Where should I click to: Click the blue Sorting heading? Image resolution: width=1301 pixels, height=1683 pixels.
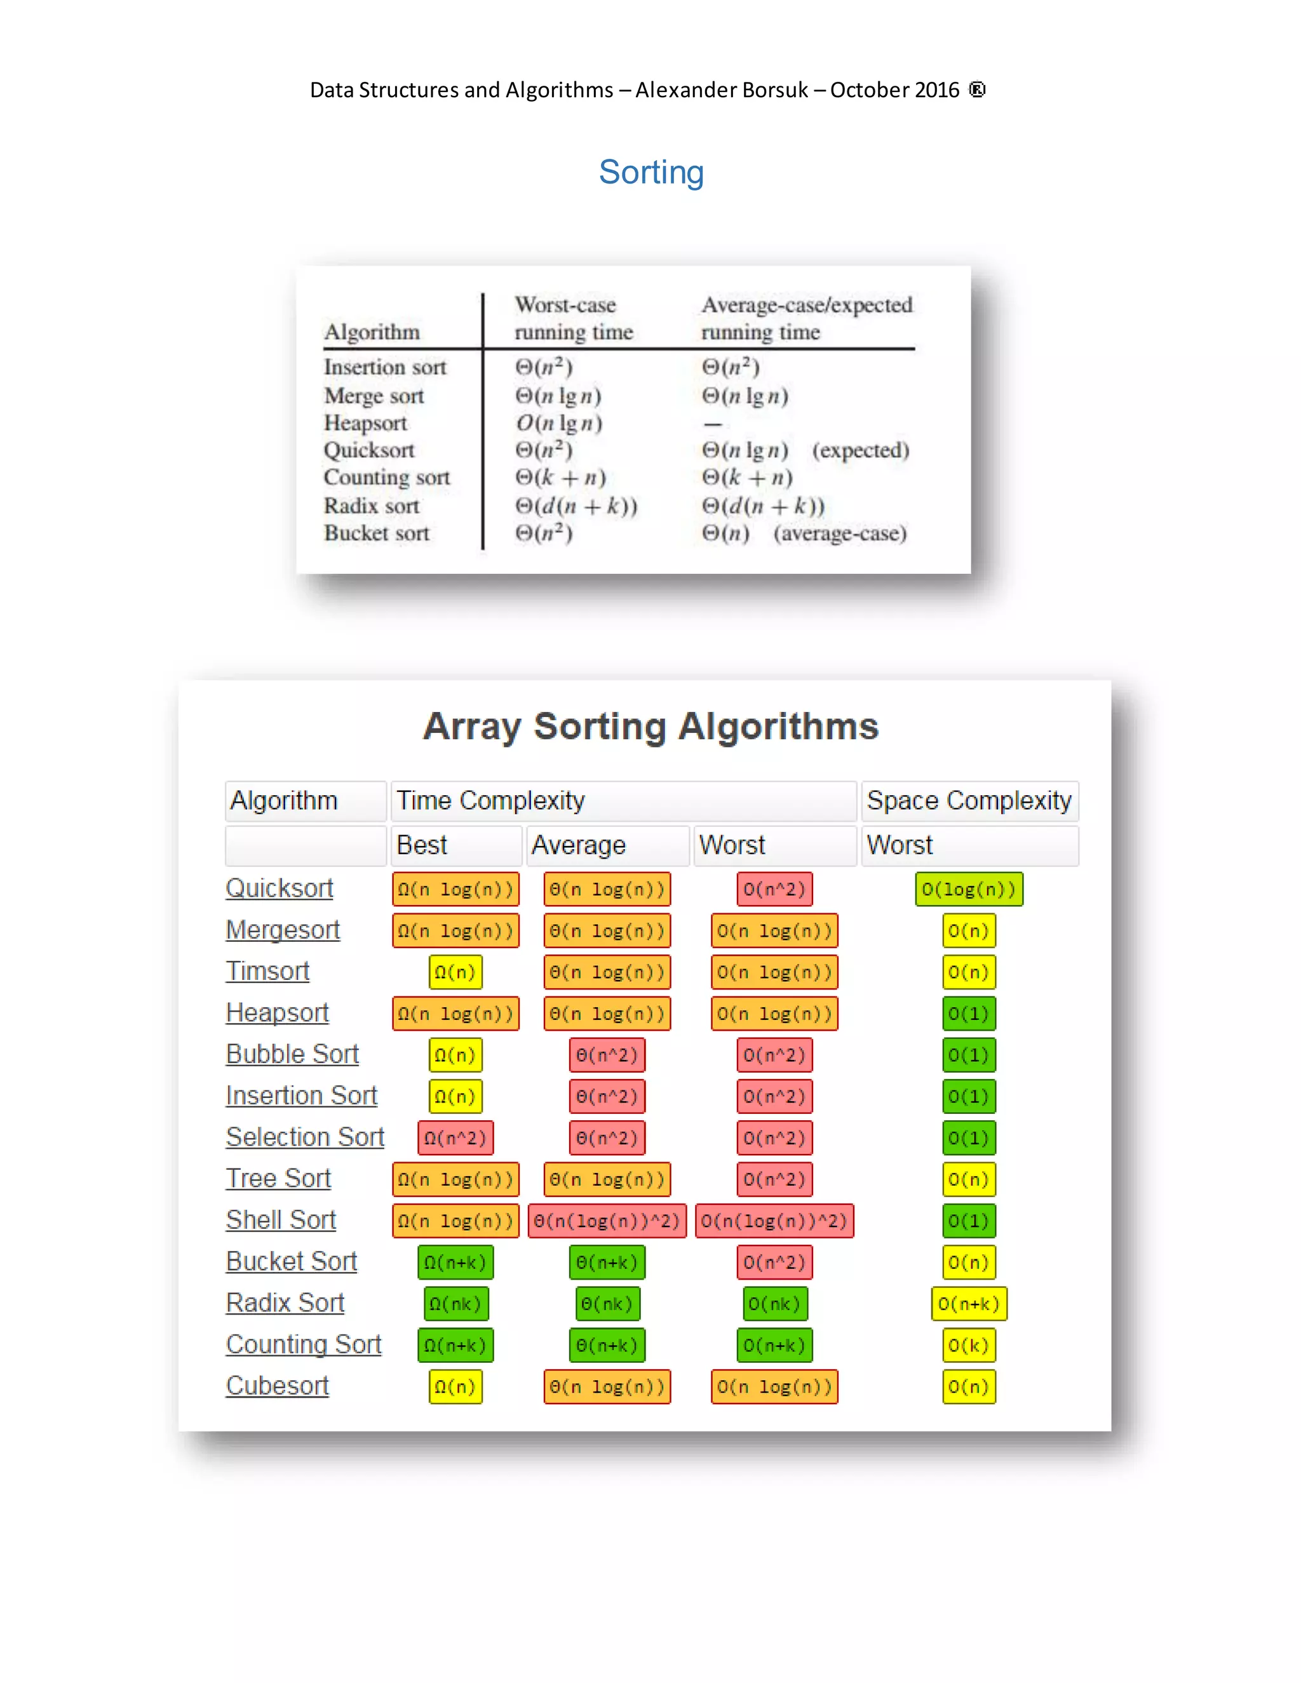coord(651,172)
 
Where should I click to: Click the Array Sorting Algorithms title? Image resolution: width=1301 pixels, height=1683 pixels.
coord(650,727)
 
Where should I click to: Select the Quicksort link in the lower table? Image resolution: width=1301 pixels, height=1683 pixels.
coord(279,888)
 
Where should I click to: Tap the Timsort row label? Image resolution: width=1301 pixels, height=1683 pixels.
coord(267,972)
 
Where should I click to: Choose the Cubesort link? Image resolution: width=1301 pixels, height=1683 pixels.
coord(278,1386)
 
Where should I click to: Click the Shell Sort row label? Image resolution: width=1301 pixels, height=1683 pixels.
coord(281,1221)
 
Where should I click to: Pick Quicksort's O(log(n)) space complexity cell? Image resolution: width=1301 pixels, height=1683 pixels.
coord(969,889)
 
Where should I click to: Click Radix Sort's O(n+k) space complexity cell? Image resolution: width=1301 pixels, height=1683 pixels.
coord(969,1304)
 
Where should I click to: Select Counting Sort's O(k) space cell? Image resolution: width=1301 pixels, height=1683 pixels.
coord(969,1346)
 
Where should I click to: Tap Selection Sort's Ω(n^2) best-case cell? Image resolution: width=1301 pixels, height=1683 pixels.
coord(455,1138)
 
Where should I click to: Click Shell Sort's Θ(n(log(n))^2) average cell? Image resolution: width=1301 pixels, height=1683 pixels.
coord(607,1221)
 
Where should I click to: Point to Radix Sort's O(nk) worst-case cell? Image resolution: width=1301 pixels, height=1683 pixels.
coord(774,1304)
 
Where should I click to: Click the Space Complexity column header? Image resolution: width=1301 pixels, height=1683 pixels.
coord(969,801)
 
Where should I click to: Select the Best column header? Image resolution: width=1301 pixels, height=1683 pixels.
coord(422,845)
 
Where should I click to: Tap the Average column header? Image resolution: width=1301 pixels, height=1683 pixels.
coord(579,845)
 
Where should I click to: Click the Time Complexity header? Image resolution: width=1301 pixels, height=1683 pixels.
coord(491,801)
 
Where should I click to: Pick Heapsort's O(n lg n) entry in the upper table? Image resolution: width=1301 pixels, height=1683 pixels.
coord(560,423)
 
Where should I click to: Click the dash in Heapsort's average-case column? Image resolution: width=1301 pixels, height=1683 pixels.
coord(713,424)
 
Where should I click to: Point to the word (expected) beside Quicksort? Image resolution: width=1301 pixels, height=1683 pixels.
coord(860,450)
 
